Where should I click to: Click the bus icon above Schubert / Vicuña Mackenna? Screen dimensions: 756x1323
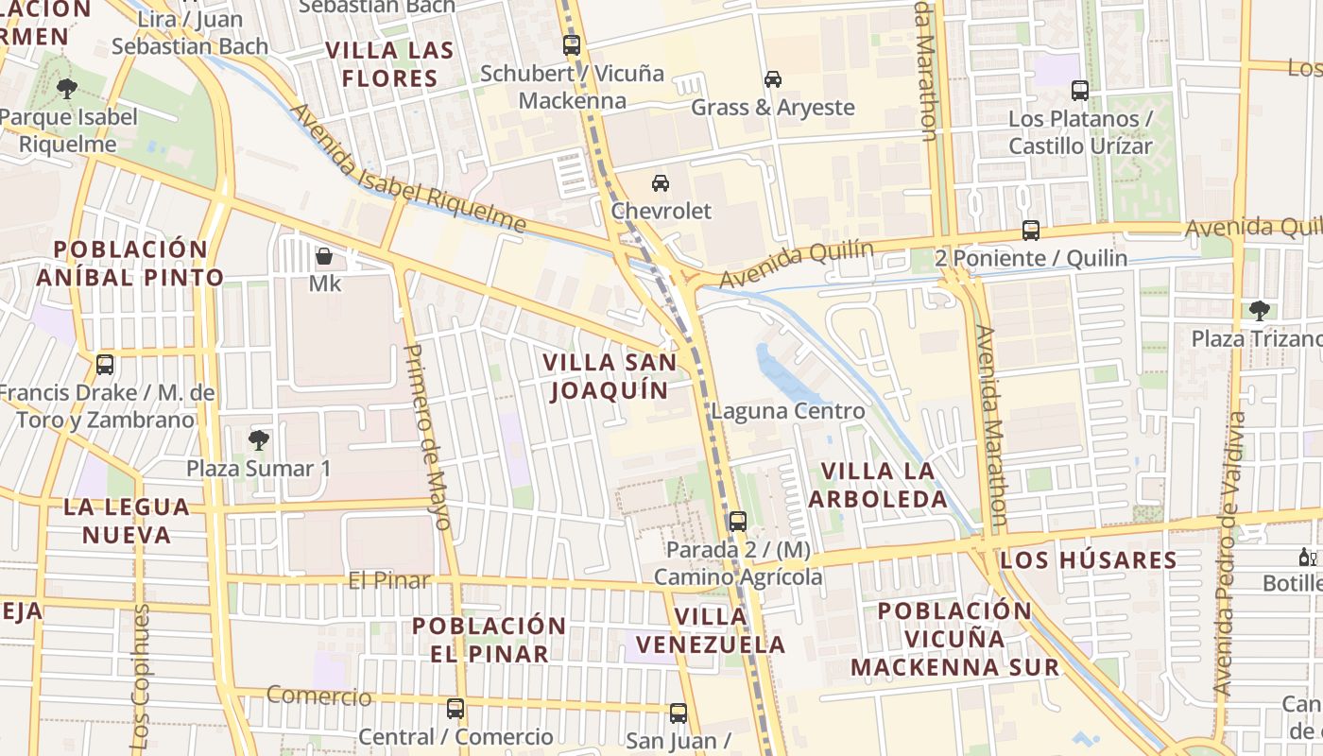pyautogui.click(x=571, y=44)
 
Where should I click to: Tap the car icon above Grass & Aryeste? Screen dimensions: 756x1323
pyautogui.click(x=773, y=79)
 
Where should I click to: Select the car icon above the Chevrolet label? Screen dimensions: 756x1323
pyautogui.click(x=661, y=182)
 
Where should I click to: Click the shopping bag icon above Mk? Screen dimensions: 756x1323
pyautogui.click(x=324, y=256)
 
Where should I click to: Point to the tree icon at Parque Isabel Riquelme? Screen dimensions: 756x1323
pyautogui.click(x=67, y=89)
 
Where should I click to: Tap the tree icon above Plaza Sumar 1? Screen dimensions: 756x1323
pyautogui.click(x=258, y=439)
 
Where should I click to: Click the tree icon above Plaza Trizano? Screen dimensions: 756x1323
pyautogui.click(x=1259, y=310)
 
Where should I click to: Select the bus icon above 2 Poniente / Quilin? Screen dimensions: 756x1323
pyautogui.click(x=1031, y=231)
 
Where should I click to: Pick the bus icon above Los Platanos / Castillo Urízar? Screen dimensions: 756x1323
pyautogui.click(x=1080, y=91)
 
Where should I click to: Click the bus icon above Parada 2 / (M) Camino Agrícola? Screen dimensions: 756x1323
pyautogui.click(x=738, y=521)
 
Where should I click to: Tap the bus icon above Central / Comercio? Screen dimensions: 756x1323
pyautogui.click(x=455, y=708)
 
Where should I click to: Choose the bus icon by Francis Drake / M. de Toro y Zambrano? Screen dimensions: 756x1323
pyautogui.click(x=105, y=364)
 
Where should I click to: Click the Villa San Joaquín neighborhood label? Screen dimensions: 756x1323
pyautogui.click(x=610, y=376)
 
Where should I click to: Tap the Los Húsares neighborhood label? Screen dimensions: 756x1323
pyautogui.click(x=1089, y=559)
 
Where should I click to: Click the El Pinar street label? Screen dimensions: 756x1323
pyautogui.click(x=389, y=580)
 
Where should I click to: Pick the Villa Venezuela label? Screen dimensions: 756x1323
pyautogui.click(x=711, y=630)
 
